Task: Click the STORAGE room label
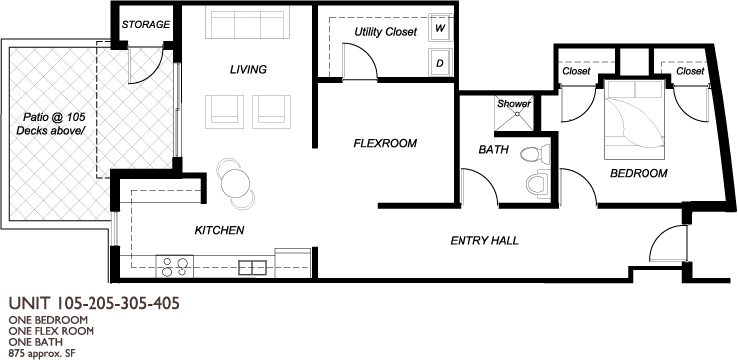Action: [146, 24]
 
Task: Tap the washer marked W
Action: [440, 28]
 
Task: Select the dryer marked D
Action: [440, 62]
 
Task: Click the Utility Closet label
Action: [386, 32]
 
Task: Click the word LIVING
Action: [248, 70]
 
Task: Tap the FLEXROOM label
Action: [385, 143]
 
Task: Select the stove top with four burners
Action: [175, 267]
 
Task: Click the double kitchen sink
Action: [253, 268]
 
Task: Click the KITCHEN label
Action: [220, 230]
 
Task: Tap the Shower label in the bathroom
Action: [514, 104]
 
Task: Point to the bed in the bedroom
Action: [635, 119]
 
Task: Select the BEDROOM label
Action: [639, 173]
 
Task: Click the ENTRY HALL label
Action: [484, 241]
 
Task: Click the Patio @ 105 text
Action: [54, 117]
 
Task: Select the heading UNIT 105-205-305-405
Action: [94, 303]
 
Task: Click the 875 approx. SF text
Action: [39, 352]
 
